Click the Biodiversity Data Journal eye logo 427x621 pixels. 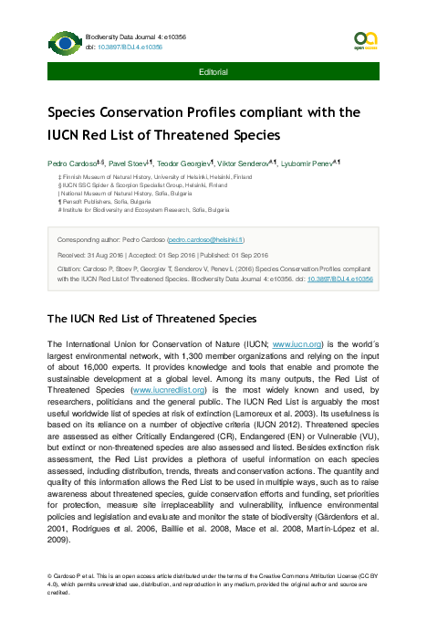pyautogui.click(x=65, y=41)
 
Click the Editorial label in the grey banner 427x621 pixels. pyautogui.click(x=213, y=70)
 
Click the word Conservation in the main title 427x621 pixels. pyautogui.click(x=152, y=115)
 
